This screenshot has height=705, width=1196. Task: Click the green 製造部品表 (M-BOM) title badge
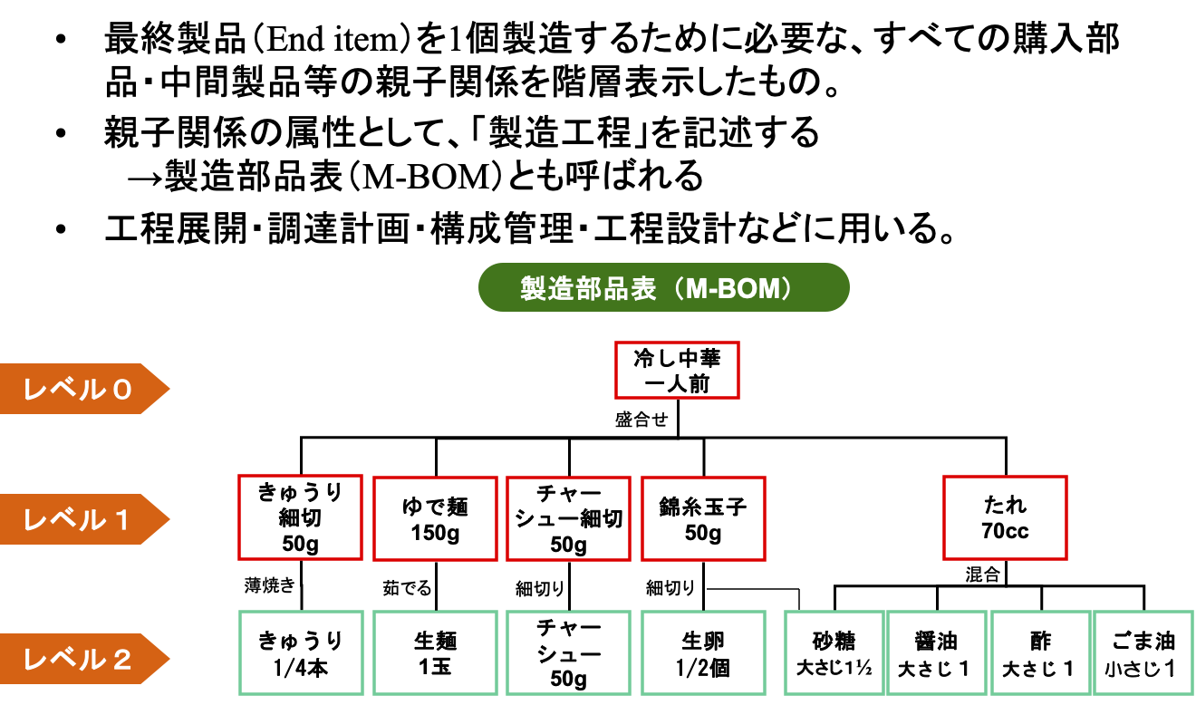[x=663, y=287]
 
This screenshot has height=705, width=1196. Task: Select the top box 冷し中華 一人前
[x=677, y=370]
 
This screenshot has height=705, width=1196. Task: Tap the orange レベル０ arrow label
[x=82, y=389]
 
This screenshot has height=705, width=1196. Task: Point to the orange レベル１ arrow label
[x=82, y=519]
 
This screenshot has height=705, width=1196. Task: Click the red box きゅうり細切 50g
[x=300, y=517]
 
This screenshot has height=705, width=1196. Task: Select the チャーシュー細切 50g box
[x=568, y=517]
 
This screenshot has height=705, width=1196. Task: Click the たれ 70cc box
[x=1005, y=517]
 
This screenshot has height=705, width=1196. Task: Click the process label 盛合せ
[x=641, y=420]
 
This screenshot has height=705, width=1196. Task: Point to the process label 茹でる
[x=407, y=588]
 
